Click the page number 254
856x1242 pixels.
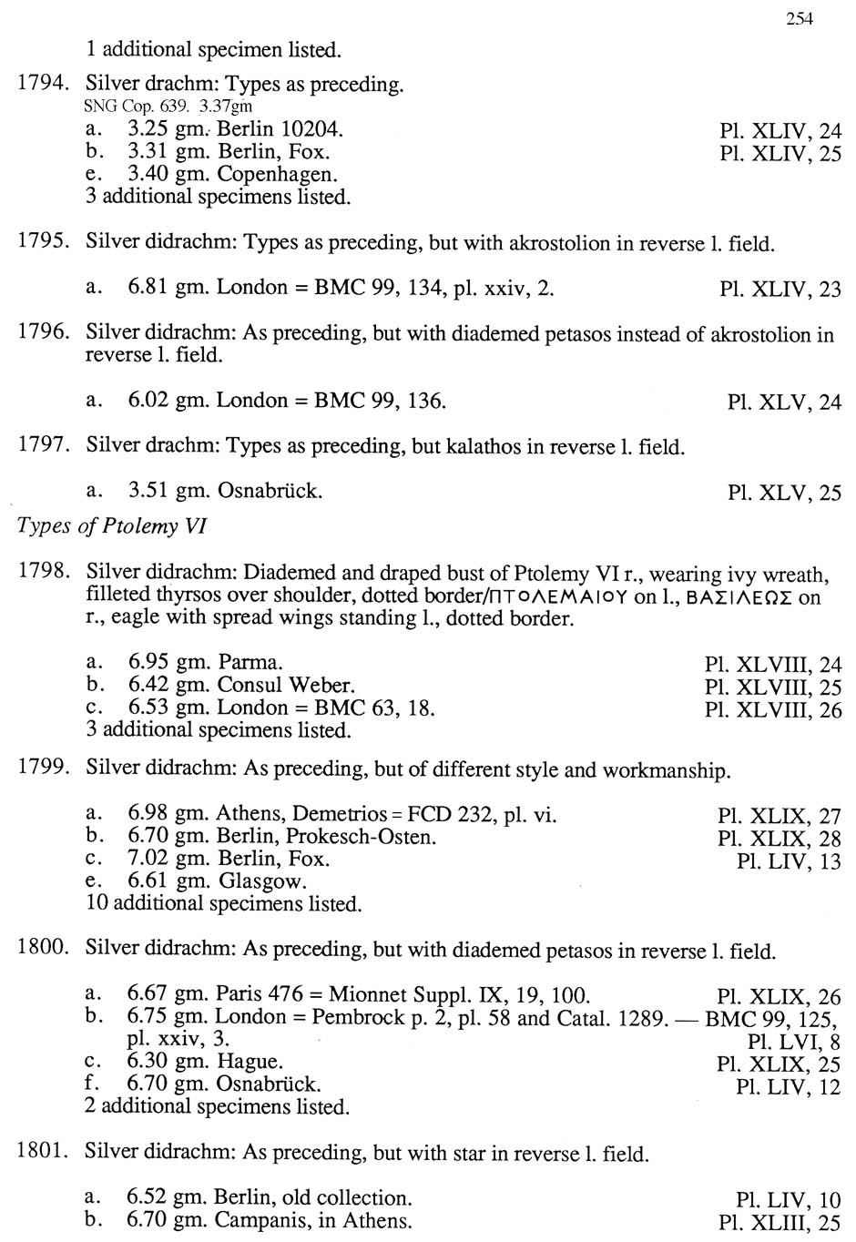[x=799, y=18]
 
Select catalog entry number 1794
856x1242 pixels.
[x=42, y=84]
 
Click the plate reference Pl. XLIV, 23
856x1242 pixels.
[x=780, y=290]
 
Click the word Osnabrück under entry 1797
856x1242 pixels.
[x=270, y=491]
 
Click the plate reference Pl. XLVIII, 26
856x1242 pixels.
[x=773, y=710]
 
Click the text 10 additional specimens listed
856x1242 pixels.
[x=224, y=903]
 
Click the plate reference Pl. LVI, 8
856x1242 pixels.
[x=793, y=1041]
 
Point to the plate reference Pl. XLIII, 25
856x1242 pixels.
[x=780, y=1222]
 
